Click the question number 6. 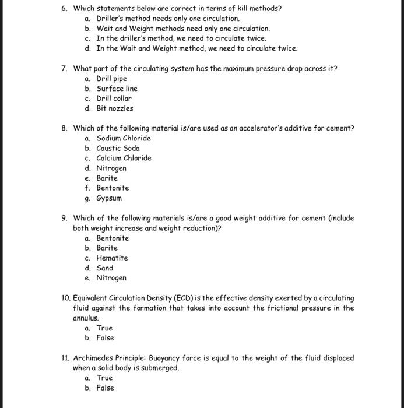[x=64, y=9]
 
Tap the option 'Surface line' [x=117, y=89]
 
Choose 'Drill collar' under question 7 [x=114, y=99]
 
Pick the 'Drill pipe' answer [x=111, y=79]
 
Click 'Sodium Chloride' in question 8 [x=123, y=138]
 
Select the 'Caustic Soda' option [x=118, y=148]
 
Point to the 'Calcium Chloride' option [x=124, y=158]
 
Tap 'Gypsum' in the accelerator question [x=109, y=198]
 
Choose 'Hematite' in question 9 [x=112, y=258]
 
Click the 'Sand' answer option [x=105, y=268]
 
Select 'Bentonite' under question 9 [x=113, y=238]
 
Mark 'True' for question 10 [x=104, y=328]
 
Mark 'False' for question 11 [x=105, y=388]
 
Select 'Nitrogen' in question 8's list [x=111, y=168]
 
